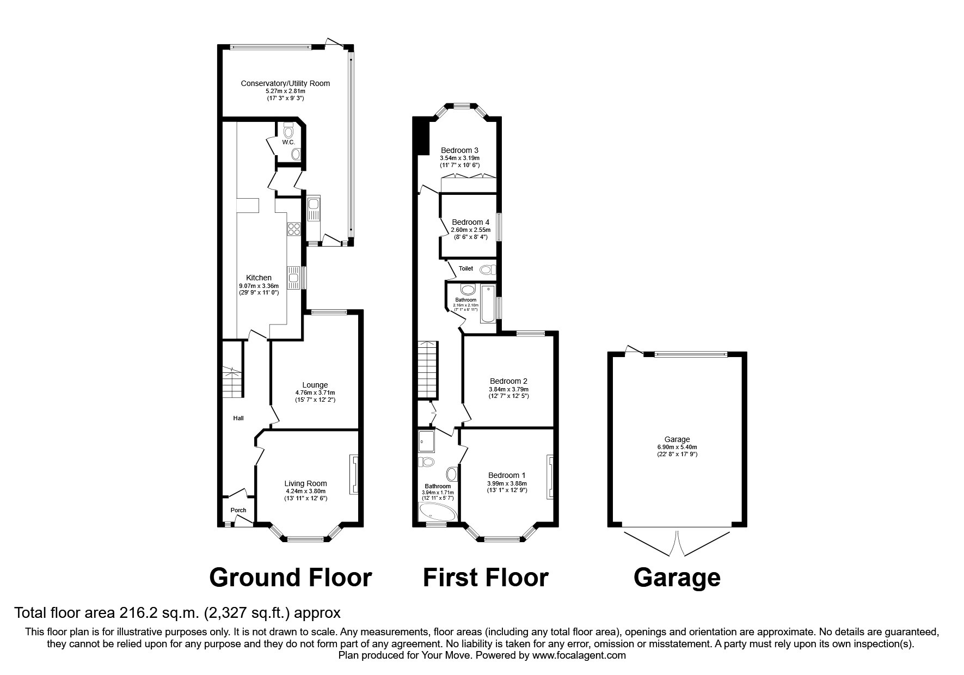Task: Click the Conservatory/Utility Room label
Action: click(x=285, y=83)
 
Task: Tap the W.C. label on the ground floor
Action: click(x=288, y=142)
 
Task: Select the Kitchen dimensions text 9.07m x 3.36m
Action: click(x=259, y=286)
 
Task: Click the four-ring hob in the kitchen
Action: click(x=294, y=229)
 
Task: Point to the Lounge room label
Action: click(x=315, y=385)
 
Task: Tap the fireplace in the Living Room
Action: click(x=354, y=475)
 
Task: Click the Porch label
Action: click(x=238, y=510)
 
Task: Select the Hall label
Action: click(x=238, y=418)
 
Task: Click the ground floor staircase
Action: click(x=232, y=381)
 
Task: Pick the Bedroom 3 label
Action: click(x=459, y=150)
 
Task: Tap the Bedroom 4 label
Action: click(x=470, y=222)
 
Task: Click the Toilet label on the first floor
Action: click(x=466, y=268)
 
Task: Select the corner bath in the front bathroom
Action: click(x=435, y=512)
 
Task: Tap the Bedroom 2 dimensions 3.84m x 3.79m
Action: click(x=508, y=389)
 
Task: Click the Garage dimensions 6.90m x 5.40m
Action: click(x=677, y=447)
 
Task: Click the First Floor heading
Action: click(x=485, y=578)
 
